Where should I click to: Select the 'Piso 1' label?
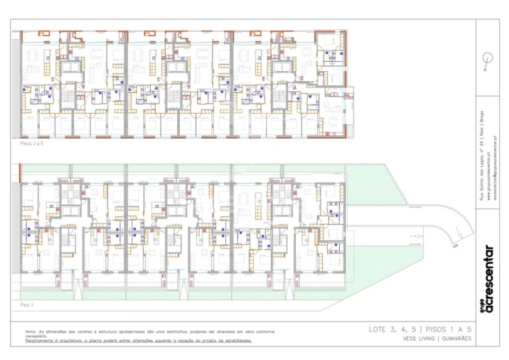[26, 305]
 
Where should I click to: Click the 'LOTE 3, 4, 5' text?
[392, 329]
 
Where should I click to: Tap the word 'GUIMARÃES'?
[456, 340]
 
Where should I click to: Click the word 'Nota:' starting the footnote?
[31, 332]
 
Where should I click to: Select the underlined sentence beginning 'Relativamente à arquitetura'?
[139, 341]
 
